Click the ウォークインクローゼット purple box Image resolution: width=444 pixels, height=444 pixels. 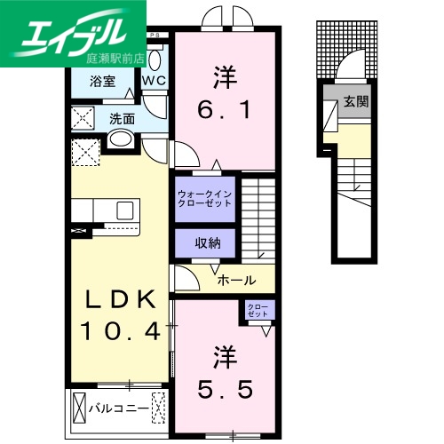pyautogui.click(x=205, y=197)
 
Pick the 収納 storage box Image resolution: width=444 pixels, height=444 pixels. pyautogui.click(x=205, y=243)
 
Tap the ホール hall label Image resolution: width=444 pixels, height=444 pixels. pyautogui.click(x=236, y=280)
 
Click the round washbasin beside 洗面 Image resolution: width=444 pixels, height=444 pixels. pyautogui.click(x=120, y=139)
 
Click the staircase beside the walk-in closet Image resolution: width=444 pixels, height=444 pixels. pyautogui.click(x=261, y=213)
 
